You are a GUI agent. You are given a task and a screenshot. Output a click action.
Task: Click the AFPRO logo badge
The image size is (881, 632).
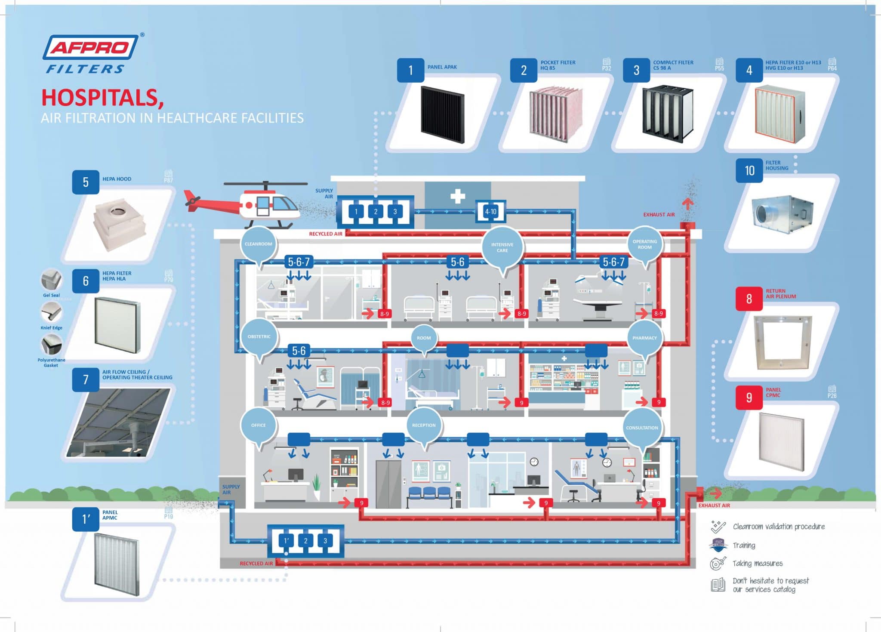(x=90, y=47)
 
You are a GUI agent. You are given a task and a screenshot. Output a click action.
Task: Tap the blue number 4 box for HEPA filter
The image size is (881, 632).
(x=749, y=70)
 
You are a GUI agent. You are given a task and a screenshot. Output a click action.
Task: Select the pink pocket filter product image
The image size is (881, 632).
(x=556, y=114)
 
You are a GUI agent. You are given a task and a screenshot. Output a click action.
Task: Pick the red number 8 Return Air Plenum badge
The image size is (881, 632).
(x=749, y=299)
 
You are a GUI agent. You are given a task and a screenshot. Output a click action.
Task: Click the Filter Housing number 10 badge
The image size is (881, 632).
(x=749, y=171)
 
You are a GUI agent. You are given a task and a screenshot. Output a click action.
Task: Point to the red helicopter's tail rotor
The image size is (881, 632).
(x=191, y=201)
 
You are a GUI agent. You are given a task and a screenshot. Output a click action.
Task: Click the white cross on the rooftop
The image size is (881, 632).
(x=458, y=196)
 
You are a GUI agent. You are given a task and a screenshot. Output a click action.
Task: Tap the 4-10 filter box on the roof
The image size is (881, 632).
(x=490, y=211)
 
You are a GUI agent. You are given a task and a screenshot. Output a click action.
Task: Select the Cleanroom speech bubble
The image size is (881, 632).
(x=259, y=244)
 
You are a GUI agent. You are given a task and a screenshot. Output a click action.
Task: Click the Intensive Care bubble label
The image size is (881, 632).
(x=502, y=247)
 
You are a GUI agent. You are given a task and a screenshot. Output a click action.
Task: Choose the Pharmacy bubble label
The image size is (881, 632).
(x=644, y=338)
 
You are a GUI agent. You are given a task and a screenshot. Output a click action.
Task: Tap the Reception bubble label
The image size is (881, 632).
(x=424, y=425)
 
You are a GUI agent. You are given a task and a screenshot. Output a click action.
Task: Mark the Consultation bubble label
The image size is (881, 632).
(x=642, y=428)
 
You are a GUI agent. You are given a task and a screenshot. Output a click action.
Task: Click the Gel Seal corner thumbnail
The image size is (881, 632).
(x=51, y=280)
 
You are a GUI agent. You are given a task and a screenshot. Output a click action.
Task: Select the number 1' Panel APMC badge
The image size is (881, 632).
(x=86, y=519)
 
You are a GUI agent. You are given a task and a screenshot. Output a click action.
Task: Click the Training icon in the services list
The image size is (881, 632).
(x=718, y=545)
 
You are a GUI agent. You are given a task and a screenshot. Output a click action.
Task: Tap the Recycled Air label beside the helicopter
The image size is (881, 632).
(x=326, y=234)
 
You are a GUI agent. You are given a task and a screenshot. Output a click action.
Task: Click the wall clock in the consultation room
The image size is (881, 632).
(x=607, y=462)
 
